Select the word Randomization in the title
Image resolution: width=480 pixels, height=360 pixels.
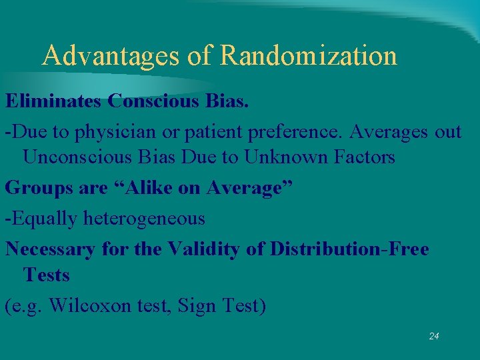308,55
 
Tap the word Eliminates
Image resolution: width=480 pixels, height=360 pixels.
53,101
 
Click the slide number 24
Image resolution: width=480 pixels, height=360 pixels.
434,336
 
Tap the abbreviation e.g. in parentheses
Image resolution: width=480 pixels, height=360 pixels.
25,306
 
